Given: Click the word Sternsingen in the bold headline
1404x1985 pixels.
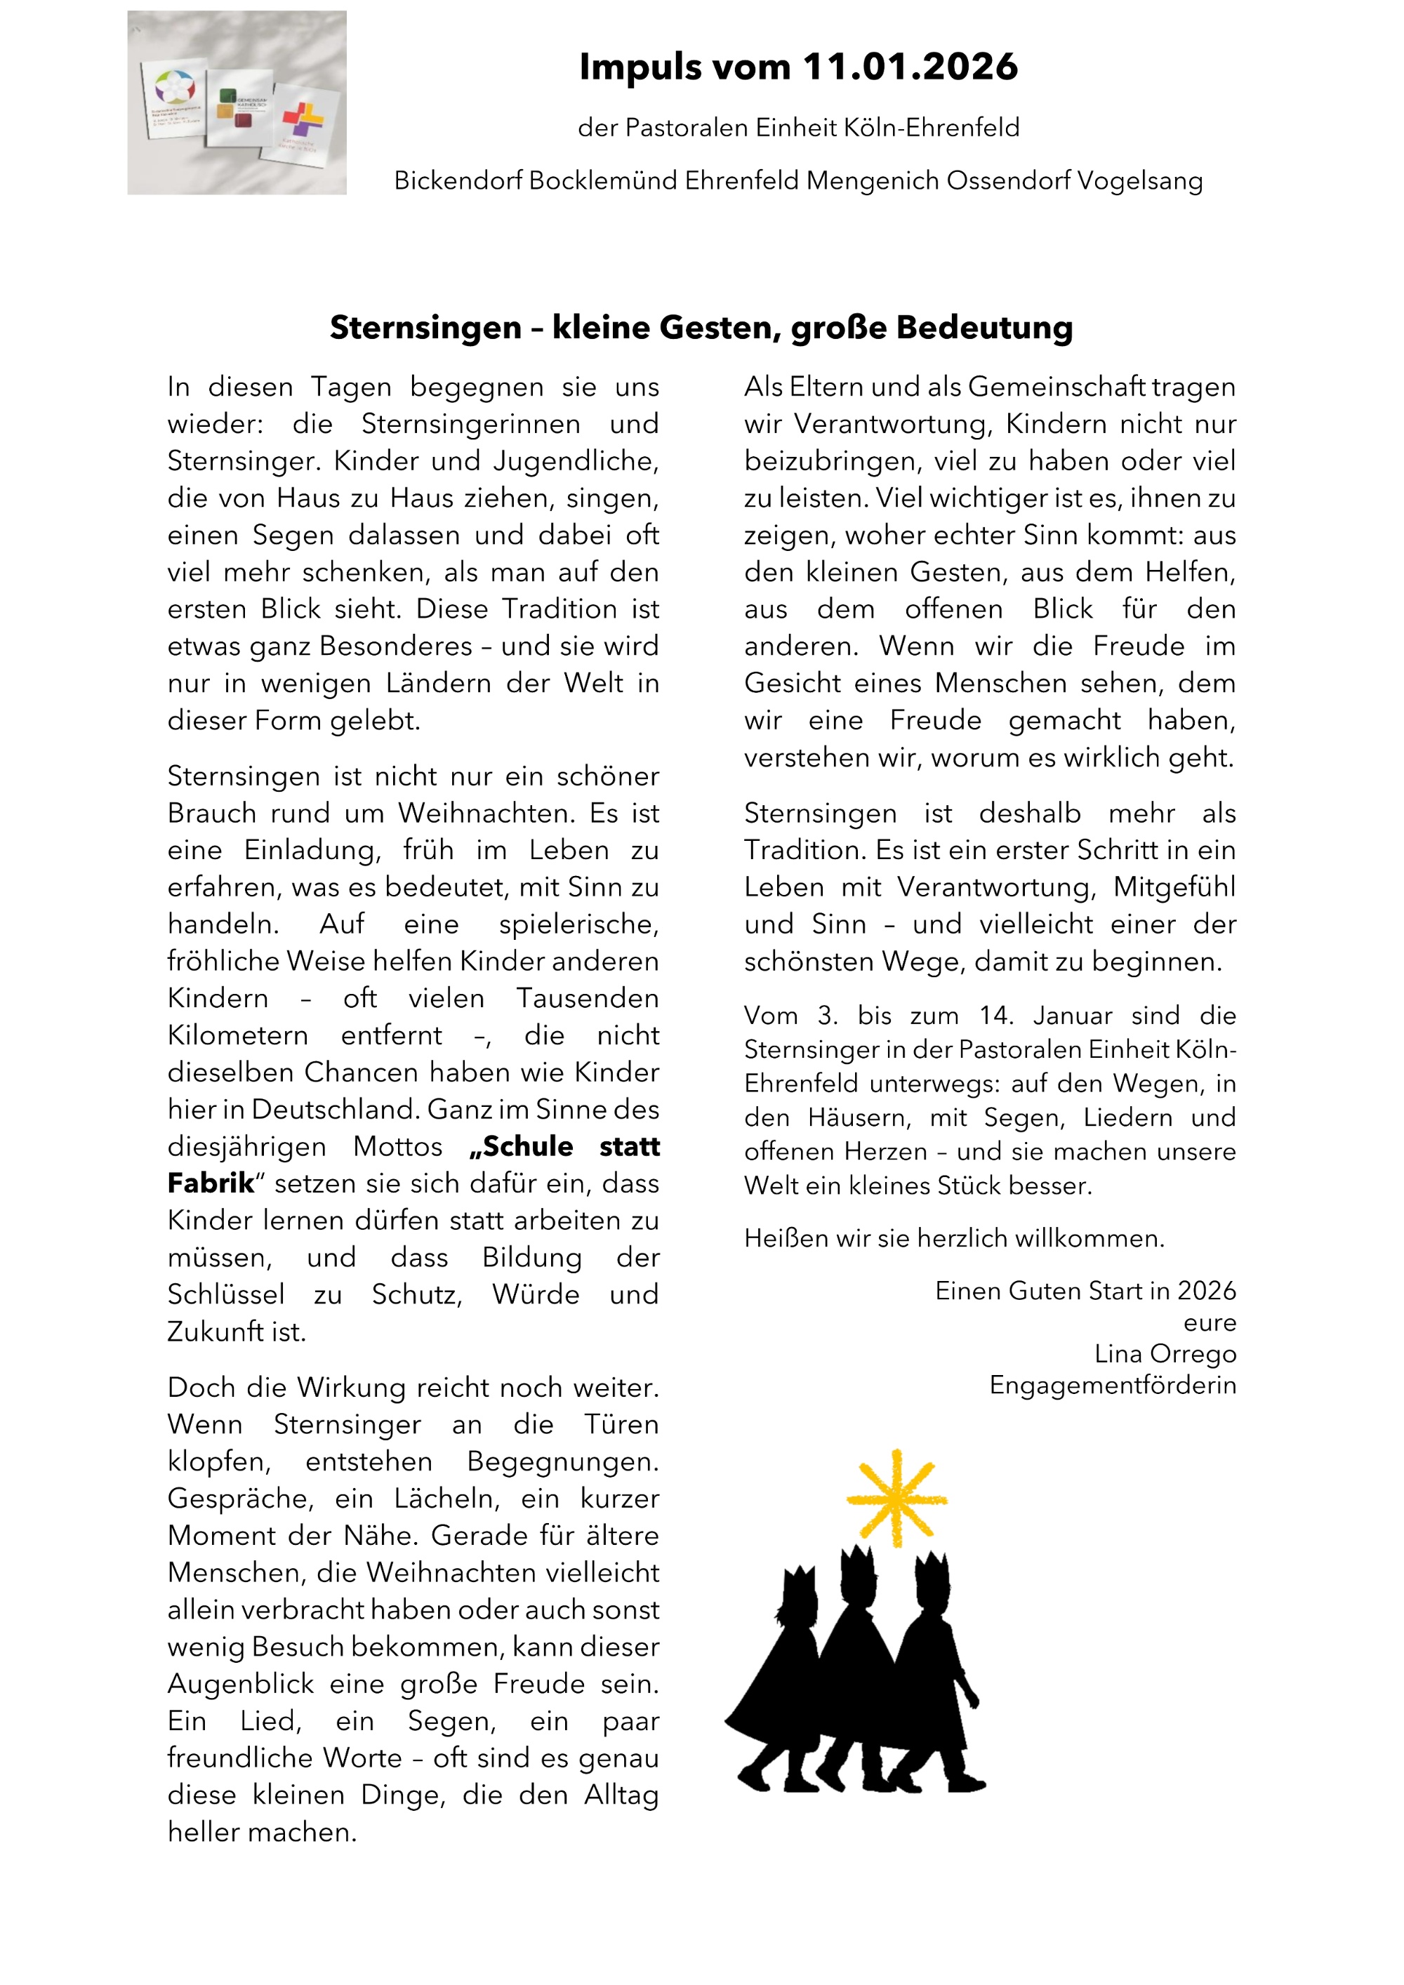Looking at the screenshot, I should coord(425,328).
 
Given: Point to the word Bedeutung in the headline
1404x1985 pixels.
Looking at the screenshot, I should coord(985,328).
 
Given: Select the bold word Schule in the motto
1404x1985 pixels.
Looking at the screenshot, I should coord(522,1146).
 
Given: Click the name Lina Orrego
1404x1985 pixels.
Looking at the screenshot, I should coord(1165,1354).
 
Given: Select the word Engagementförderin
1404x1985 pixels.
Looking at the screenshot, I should coord(1113,1385).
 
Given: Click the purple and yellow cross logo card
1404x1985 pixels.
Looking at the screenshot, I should coord(303,122).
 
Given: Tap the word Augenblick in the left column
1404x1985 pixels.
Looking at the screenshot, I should coord(240,1684).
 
